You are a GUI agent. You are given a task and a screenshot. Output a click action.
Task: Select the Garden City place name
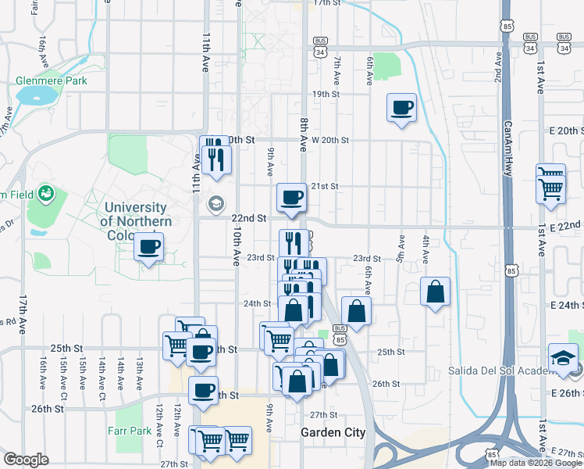point(333,433)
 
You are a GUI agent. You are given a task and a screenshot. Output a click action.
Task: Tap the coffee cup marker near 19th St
point(402,108)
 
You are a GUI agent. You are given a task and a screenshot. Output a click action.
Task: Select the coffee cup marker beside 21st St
point(292,198)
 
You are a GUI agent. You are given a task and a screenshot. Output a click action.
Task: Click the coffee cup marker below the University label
point(148,248)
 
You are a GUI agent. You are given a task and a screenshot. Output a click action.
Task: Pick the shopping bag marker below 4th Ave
point(436,292)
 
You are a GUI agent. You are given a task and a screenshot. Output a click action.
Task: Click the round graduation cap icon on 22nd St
point(215,204)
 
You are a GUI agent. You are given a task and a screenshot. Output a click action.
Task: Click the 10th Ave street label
point(235,247)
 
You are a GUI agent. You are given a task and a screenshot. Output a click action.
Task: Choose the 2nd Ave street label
point(497,71)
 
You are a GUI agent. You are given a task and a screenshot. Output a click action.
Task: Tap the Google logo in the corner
point(27,460)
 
